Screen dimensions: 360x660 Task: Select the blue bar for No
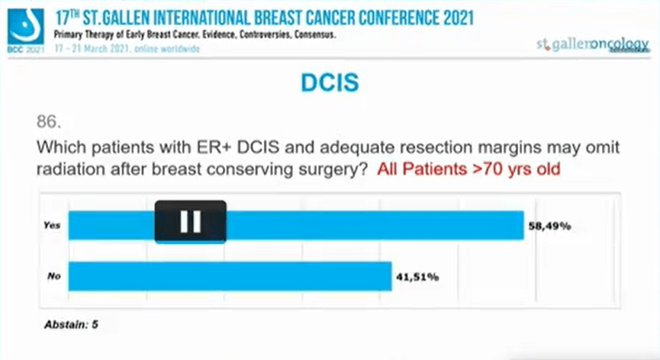tap(229, 276)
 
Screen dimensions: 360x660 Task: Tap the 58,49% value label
tap(550, 226)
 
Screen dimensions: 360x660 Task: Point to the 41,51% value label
tap(417, 276)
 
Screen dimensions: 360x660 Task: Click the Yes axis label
tap(52, 226)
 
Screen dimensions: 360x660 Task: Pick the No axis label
tap(53, 276)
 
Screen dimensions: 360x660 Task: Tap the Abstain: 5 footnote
tap(71, 324)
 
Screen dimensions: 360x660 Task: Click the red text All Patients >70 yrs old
tap(468, 169)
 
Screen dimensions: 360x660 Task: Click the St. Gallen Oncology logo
tap(592, 44)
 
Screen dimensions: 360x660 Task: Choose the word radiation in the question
tap(69, 169)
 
